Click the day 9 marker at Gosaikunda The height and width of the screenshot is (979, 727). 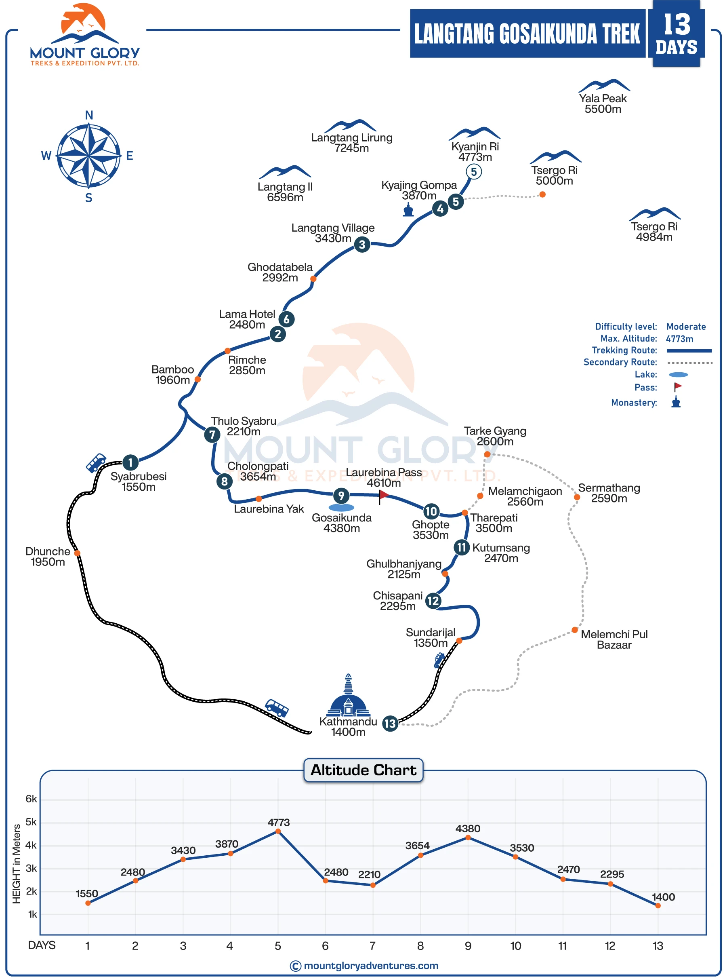pyautogui.click(x=341, y=496)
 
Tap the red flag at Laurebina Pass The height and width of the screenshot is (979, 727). pyautogui.click(x=383, y=496)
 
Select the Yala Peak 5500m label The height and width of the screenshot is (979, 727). pyautogui.click(x=603, y=103)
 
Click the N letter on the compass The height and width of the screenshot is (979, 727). pyautogui.click(x=89, y=115)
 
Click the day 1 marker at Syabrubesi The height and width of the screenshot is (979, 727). pyautogui.click(x=130, y=462)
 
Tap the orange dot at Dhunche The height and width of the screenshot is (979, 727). pyautogui.click(x=77, y=553)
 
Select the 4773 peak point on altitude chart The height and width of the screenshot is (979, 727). pyautogui.click(x=278, y=831)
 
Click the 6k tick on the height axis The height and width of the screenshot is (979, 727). pyautogui.click(x=31, y=799)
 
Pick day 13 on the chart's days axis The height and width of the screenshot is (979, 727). pyautogui.click(x=658, y=946)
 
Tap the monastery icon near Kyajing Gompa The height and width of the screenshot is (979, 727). pyautogui.click(x=408, y=210)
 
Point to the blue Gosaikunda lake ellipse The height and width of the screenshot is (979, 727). pyautogui.click(x=341, y=508)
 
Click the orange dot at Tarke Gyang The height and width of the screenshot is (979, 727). pyautogui.click(x=487, y=454)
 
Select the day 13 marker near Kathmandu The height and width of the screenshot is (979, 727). pyautogui.click(x=390, y=724)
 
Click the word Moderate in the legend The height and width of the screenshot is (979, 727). pyautogui.click(x=686, y=327)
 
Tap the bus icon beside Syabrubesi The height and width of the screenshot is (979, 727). pyautogui.click(x=96, y=463)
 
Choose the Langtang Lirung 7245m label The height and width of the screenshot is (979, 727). pyautogui.click(x=352, y=143)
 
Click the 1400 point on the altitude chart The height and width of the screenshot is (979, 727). pyautogui.click(x=658, y=906)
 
